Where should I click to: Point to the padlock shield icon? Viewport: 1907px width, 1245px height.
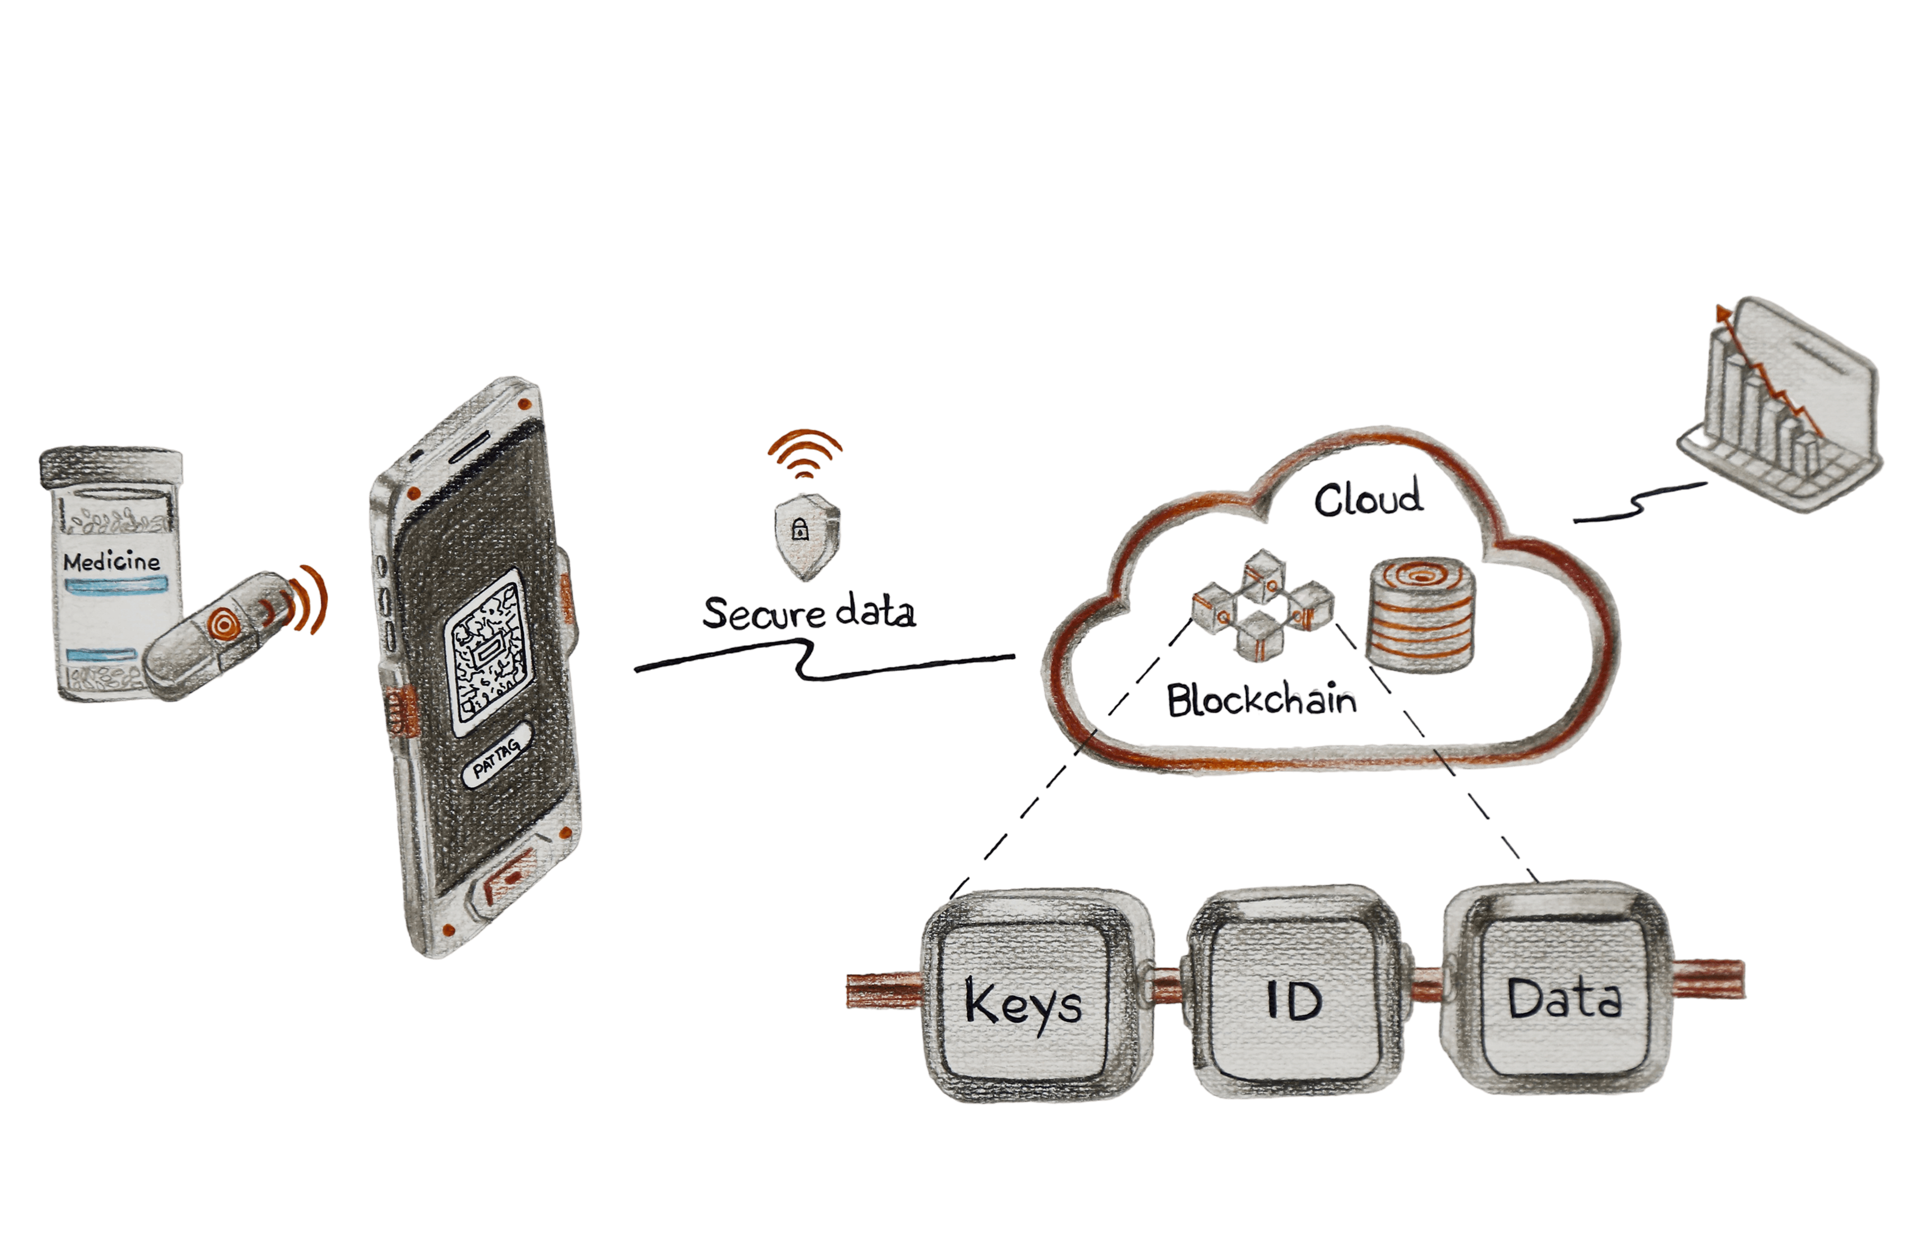tap(806, 533)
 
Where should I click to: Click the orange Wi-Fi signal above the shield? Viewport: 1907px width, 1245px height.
tap(806, 452)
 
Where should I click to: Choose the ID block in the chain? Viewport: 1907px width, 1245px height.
tap(1295, 998)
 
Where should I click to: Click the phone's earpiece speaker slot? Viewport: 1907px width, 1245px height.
tap(473, 444)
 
